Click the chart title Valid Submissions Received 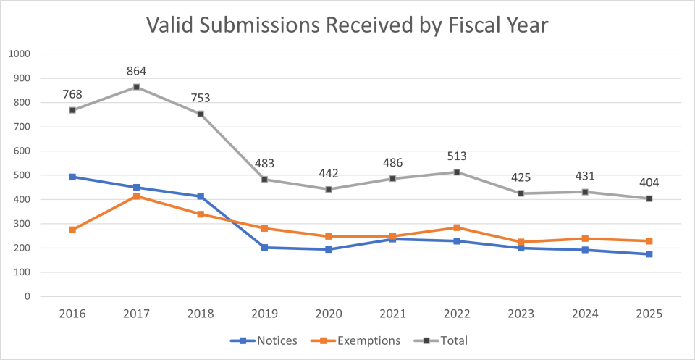pyautogui.click(x=347, y=25)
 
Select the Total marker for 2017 pyautogui.click(x=136, y=87)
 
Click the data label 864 pyautogui.click(x=136, y=71)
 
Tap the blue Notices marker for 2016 pyautogui.click(x=72, y=177)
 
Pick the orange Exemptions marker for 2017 pyautogui.click(x=136, y=196)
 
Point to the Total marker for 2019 pyautogui.click(x=264, y=179)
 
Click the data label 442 pyautogui.click(x=329, y=173)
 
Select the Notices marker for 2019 pyautogui.click(x=264, y=248)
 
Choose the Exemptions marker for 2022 pyautogui.click(x=457, y=227)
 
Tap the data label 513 pyautogui.click(x=457, y=156)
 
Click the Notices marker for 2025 pyautogui.click(x=649, y=254)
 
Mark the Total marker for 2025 pyautogui.click(x=649, y=198)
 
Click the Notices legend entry pyautogui.click(x=264, y=340)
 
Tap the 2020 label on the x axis pyautogui.click(x=329, y=314)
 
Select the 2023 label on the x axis pyautogui.click(x=521, y=314)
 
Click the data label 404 pyautogui.click(x=649, y=182)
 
